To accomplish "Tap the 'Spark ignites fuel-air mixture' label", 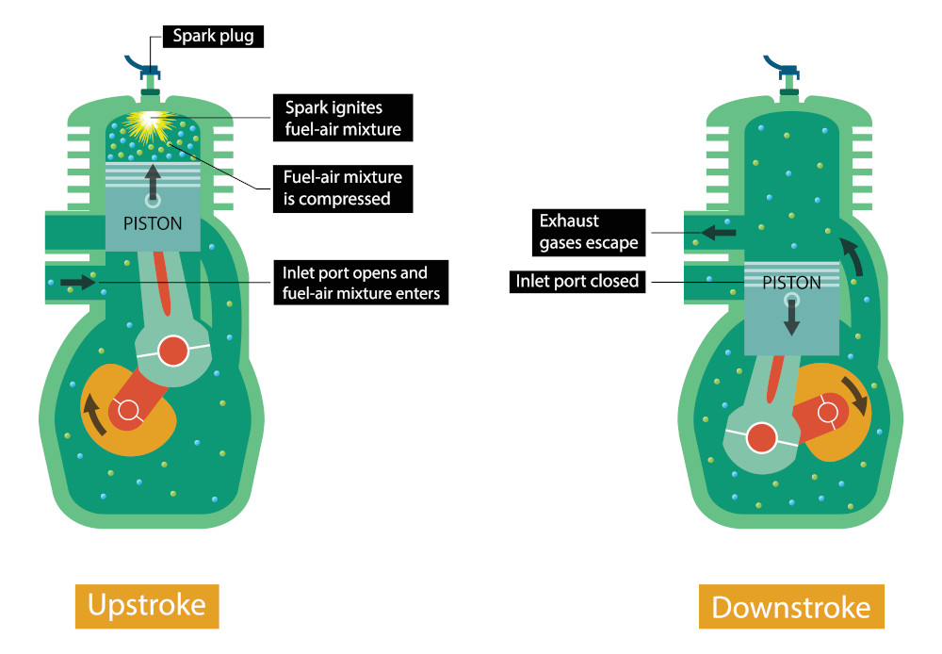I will tap(342, 118).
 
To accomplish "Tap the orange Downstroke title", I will tap(791, 606).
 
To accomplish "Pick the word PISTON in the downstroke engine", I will tap(790, 281).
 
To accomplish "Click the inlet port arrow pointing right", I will tap(77, 281).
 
